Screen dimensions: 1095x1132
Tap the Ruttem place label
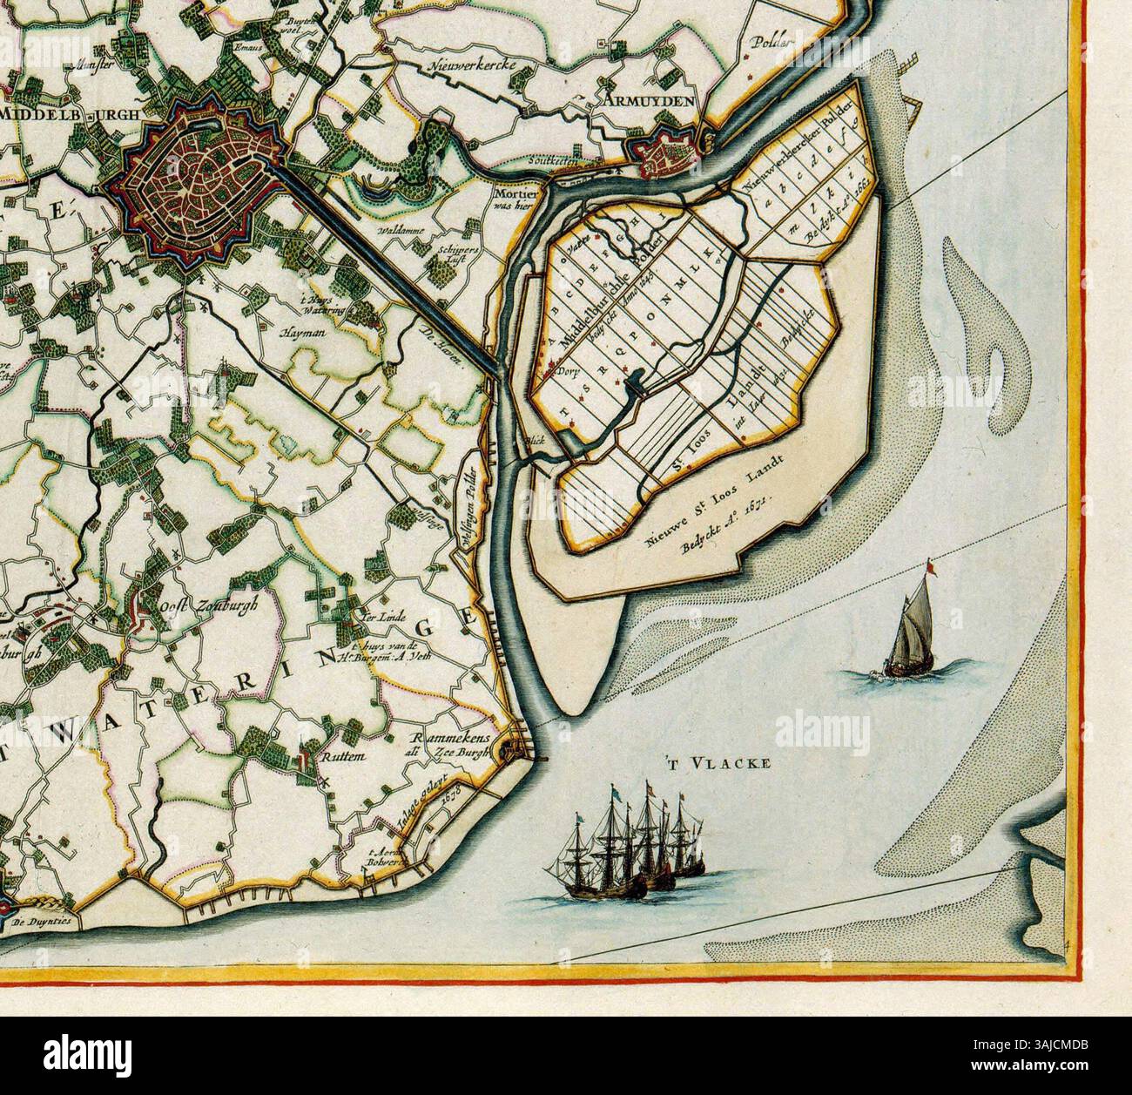(x=340, y=757)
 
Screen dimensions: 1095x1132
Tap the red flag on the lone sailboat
(x=931, y=567)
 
